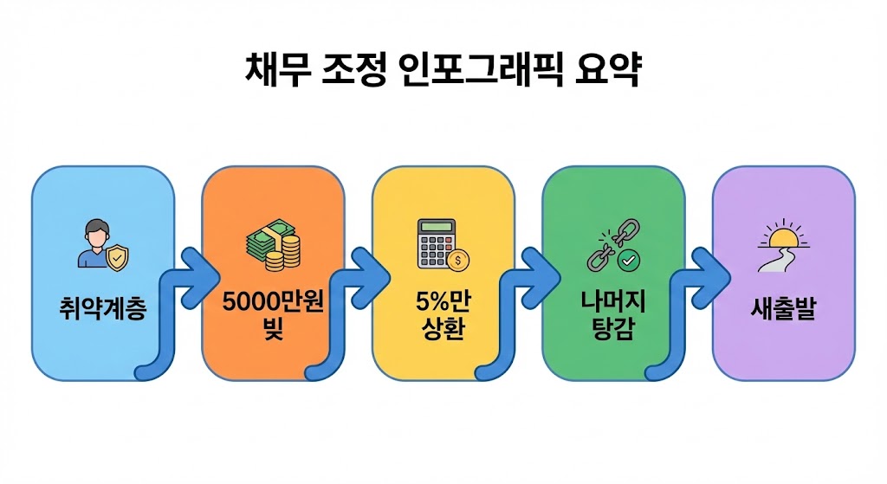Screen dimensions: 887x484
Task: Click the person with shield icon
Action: click(x=102, y=244)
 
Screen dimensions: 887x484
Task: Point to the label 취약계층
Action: click(x=102, y=308)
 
